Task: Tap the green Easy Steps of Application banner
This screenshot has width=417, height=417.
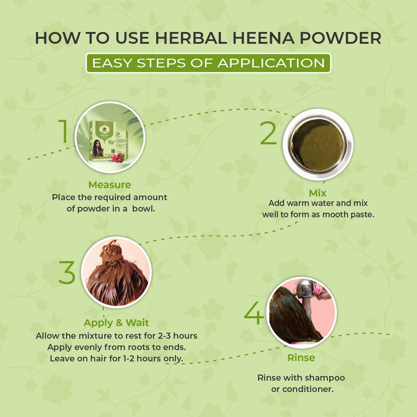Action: [208, 63]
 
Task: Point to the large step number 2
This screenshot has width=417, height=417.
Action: [268, 133]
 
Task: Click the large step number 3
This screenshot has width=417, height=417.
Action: [67, 272]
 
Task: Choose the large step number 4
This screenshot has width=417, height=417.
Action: [254, 313]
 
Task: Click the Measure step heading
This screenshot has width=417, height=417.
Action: [110, 185]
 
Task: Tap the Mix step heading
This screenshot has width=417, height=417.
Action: [317, 193]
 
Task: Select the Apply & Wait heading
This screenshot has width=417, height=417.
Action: [116, 323]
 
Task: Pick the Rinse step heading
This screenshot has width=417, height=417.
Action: [301, 358]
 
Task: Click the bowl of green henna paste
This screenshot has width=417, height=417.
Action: [317, 145]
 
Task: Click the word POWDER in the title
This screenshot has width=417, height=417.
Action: [341, 38]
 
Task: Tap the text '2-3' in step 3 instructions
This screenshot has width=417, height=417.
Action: [164, 336]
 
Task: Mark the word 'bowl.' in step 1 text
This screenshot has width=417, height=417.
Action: [143, 209]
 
